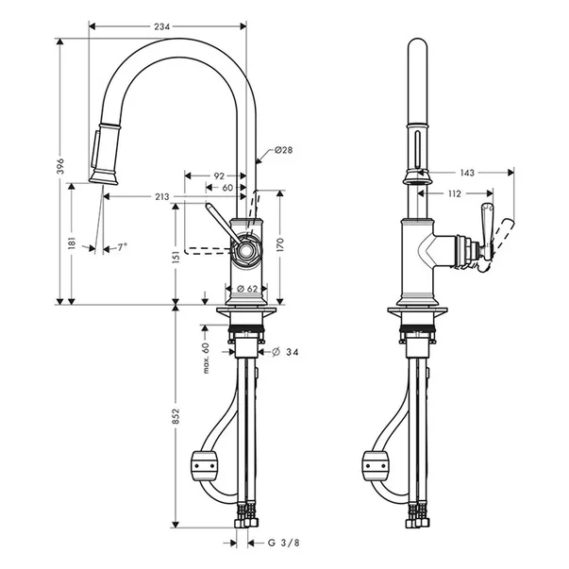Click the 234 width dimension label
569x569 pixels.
(162, 26)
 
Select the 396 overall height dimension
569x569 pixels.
(60, 166)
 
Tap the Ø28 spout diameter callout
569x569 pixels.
(283, 149)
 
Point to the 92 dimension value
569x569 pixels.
(219, 176)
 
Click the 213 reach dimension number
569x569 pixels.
(162, 196)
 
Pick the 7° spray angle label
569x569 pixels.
(123, 247)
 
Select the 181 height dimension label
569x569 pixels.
(72, 243)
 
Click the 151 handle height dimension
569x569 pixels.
(176, 257)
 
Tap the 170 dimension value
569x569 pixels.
(280, 245)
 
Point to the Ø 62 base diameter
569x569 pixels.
(247, 289)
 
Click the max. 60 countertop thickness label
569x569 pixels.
(206, 358)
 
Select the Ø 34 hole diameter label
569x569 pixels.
(285, 352)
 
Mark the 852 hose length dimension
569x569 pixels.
(176, 416)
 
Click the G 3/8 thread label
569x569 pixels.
(284, 543)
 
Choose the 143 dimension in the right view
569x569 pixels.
(467, 173)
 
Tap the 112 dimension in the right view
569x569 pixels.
(454, 193)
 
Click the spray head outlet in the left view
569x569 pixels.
(104, 179)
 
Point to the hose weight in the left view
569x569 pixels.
(205, 465)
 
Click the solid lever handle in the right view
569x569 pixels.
(486, 231)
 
